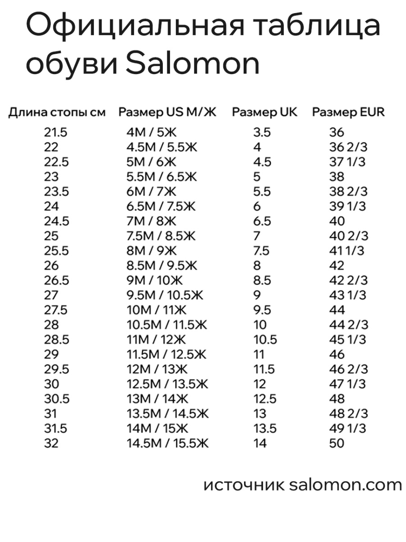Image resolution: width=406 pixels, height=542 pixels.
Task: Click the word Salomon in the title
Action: [x=192, y=64]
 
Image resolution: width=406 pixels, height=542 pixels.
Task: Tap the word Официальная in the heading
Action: [x=135, y=26]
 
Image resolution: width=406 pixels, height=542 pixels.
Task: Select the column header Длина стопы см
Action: [x=57, y=112]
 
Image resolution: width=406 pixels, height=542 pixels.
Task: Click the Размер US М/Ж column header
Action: [x=167, y=112]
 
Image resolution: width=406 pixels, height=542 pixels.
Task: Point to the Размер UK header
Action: [x=265, y=112]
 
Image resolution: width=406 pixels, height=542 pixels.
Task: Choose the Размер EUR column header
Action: [x=348, y=112]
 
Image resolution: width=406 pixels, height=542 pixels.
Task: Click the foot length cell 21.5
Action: [x=55, y=132]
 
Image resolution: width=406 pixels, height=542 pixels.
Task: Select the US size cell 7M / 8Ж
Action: [x=151, y=221]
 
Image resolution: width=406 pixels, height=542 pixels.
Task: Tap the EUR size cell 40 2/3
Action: [x=348, y=236]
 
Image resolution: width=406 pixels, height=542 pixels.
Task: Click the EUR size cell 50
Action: [x=337, y=444]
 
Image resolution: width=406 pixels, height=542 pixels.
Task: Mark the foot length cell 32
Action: [x=51, y=444]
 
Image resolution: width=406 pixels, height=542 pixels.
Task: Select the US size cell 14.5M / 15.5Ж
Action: [x=167, y=444]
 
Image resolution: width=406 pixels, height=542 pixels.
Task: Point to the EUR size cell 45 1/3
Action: [x=348, y=340]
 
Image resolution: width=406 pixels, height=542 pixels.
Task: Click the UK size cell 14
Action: [x=260, y=444]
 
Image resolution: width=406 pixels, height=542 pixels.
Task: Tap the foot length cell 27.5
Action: [x=56, y=310]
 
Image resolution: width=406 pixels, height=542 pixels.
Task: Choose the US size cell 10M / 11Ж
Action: [x=157, y=310]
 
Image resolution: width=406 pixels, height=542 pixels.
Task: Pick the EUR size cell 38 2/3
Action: [x=348, y=192]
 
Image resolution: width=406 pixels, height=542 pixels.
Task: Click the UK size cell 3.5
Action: [x=262, y=132]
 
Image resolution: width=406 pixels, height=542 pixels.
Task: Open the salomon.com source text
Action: [x=345, y=485]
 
